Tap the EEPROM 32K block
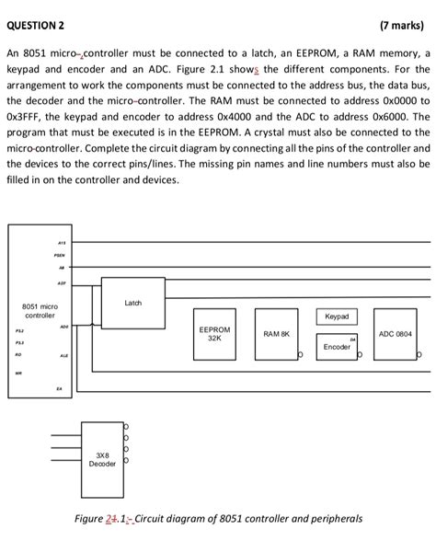[214, 337]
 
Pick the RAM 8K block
[277, 337]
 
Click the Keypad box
[337, 317]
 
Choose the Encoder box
[337, 348]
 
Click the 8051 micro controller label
[40, 309]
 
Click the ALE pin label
[63, 355]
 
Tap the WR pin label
[17, 373]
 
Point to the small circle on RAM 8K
[300, 355]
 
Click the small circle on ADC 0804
[419, 355]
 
